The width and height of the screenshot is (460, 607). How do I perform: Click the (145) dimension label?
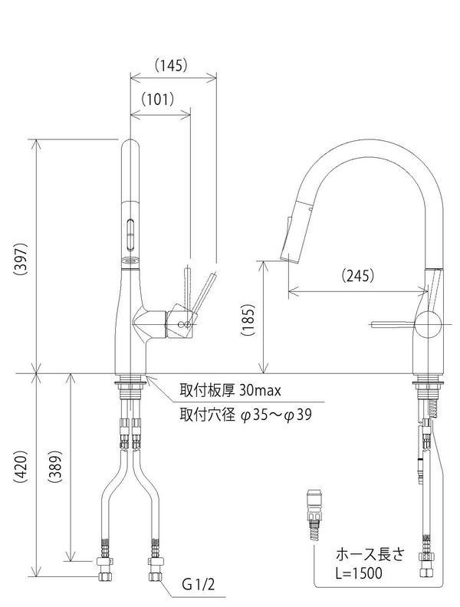click(x=171, y=65)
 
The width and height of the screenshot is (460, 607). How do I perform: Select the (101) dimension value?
click(x=157, y=100)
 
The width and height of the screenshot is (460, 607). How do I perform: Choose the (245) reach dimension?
click(x=358, y=275)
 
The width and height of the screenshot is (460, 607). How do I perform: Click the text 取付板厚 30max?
click(x=230, y=390)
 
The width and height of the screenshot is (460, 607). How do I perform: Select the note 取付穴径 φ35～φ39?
click(x=245, y=415)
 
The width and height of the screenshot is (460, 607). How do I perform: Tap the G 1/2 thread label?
click(x=199, y=585)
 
